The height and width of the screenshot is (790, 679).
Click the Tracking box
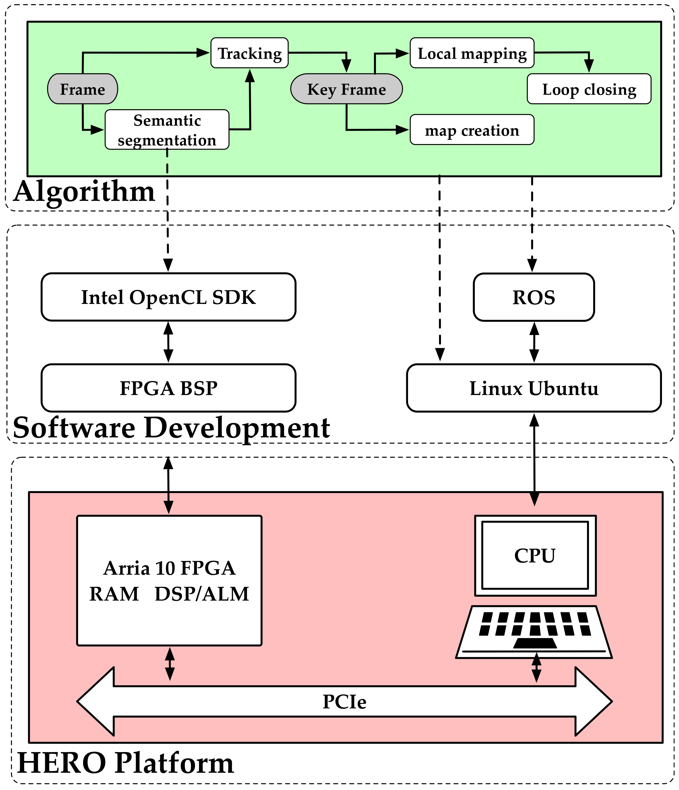pos(249,53)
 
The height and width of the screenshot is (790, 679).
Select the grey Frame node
pos(83,89)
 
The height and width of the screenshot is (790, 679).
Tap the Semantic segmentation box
pos(167,130)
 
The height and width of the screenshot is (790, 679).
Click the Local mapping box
pos(472,53)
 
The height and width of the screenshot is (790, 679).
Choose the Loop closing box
pos(589,89)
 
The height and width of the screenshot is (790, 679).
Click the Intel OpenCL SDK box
pos(168,297)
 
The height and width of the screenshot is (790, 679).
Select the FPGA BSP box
pos(168,388)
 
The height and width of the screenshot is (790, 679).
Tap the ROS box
pos(533,297)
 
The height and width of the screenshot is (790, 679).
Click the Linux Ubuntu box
pos(533,388)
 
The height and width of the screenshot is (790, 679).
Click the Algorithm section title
pos(84,191)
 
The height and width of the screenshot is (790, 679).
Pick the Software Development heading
pos(171,428)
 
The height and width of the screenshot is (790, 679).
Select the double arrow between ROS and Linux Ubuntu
pos(534,342)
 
